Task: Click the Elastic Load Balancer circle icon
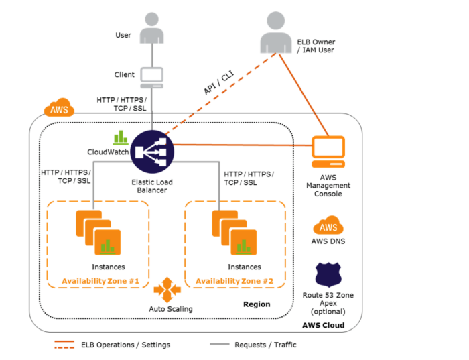(x=151, y=152)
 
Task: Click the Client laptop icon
(x=152, y=77)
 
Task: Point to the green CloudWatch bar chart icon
(x=121, y=137)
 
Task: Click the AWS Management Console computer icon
(x=328, y=152)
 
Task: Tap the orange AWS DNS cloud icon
(x=328, y=226)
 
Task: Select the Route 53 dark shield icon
(x=328, y=275)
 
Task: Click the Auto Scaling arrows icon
(x=166, y=290)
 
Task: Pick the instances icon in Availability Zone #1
(x=98, y=232)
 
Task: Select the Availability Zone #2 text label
(x=235, y=280)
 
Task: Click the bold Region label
(x=257, y=304)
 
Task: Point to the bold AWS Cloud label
(x=323, y=326)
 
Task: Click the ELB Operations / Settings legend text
(x=133, y=345)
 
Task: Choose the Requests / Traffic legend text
(x=265, y=345)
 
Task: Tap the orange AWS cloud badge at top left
(x=59, y=109)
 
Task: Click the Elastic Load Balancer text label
(x=151, y=185)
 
